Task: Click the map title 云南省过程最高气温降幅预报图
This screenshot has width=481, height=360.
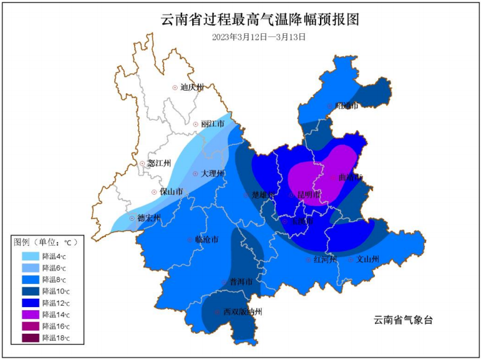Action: [x=259, y=20]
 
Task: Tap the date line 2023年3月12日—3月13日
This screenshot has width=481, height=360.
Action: [x=259, y=37]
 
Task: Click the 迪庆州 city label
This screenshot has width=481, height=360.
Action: [x=191, y=87]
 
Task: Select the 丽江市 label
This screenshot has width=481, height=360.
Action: [x=212, y=124]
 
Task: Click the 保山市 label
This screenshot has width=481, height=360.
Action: [x=171, y=191]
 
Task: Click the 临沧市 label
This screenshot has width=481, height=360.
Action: [x=206, y=240]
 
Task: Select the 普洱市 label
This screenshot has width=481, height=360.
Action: [x=241, y=281]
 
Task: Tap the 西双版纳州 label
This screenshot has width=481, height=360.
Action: [x=242, y=312]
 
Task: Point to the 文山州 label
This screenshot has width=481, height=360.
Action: [x=368, y=260]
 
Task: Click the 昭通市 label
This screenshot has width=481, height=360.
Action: [x=347, y=106]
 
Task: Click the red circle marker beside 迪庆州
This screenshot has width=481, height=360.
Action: [x=175, y=87]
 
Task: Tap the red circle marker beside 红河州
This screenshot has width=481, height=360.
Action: [x=308, y=260]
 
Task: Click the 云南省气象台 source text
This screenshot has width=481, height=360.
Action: [x=403, y=320]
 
